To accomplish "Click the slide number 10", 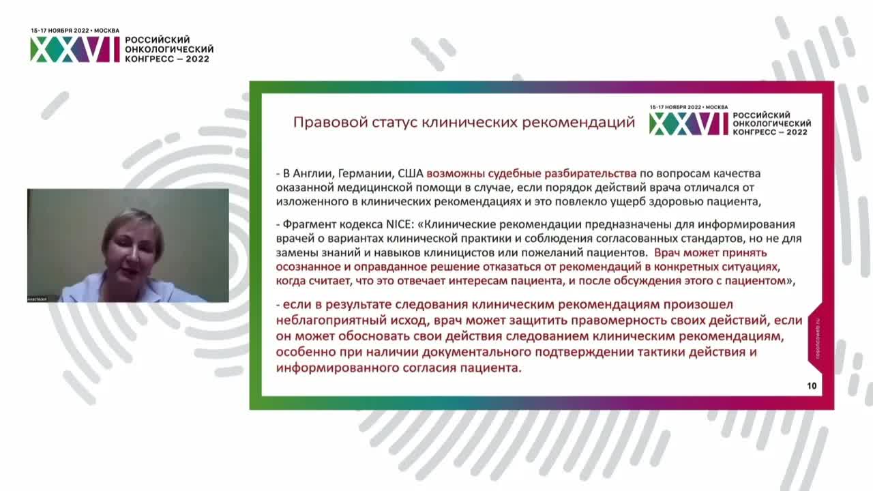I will pyautogui.click(x=812, y=386).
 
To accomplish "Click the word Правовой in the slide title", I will pyautogui.click(x=320, y=123).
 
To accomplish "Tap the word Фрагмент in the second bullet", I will pyautogui.click(x=306, y=224).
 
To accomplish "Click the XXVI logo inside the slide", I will pyautogui.click(x=689, y=123).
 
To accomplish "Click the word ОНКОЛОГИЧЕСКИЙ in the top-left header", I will pyautogui.click(x=169, y=50).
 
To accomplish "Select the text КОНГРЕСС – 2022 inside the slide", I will pyautogui.click(x=770, y=132).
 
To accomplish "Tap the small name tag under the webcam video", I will pyautogui.click(x=38, y=299).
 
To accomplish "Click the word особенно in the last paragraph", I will pyautogui.click(x=305, y=352).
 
